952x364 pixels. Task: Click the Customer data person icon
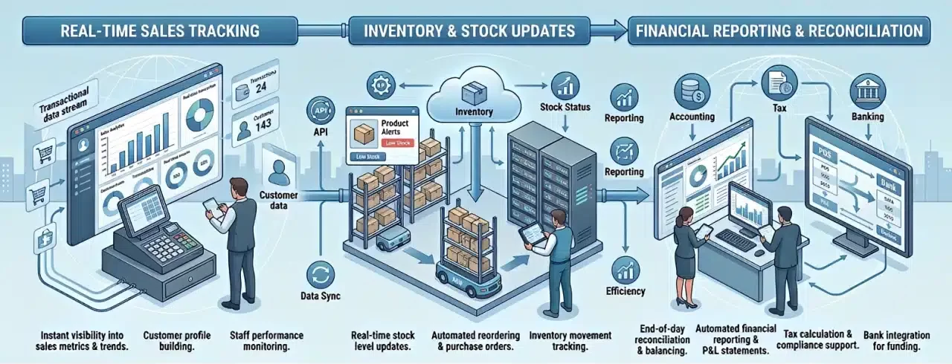(x=278, y=172)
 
